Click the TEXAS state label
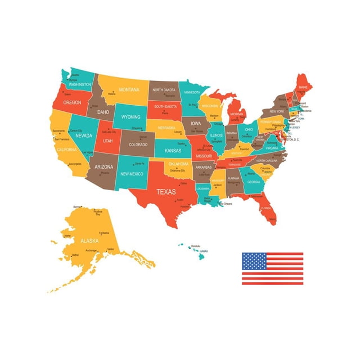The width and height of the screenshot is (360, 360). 166,191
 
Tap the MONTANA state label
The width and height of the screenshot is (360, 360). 129,89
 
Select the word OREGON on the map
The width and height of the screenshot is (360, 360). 73,103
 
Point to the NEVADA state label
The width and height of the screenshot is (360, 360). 84,136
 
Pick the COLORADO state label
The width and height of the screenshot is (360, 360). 138,145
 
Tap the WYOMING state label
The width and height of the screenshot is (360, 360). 130,117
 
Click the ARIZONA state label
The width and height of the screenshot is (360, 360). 104,167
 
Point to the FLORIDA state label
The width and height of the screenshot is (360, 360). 265,208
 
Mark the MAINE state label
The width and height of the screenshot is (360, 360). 303,88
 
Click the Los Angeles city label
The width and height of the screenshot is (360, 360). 75,164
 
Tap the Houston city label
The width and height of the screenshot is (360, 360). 184,206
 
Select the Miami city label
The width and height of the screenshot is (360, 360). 272,219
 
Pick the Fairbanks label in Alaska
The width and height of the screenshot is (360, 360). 103,232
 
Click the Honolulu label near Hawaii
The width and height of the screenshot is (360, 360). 196,246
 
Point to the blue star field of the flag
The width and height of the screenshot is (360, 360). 254,261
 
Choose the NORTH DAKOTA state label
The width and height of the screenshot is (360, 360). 164,90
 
